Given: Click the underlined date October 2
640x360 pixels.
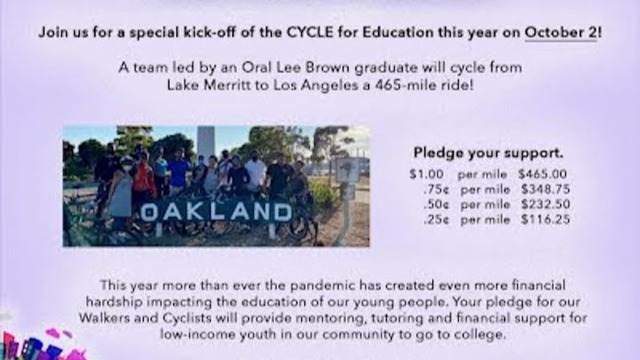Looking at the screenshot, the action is point(560,32).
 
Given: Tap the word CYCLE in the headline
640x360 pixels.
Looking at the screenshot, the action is point(310,32).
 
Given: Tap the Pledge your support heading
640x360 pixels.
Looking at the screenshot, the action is point(488,153).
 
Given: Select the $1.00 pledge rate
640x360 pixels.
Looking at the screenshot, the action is point(427,174).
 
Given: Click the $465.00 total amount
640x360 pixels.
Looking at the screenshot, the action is point(542,174).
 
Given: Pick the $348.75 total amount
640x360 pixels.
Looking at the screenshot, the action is point(545,189).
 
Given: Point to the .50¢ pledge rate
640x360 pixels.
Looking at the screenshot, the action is point(436,204).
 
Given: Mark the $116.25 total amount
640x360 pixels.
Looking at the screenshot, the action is point(545,220).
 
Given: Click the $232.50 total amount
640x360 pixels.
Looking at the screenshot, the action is point(545,204).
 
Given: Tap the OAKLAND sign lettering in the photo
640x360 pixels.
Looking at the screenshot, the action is point(216,212).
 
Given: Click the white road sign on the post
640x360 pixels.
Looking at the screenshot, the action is point(347,170).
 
